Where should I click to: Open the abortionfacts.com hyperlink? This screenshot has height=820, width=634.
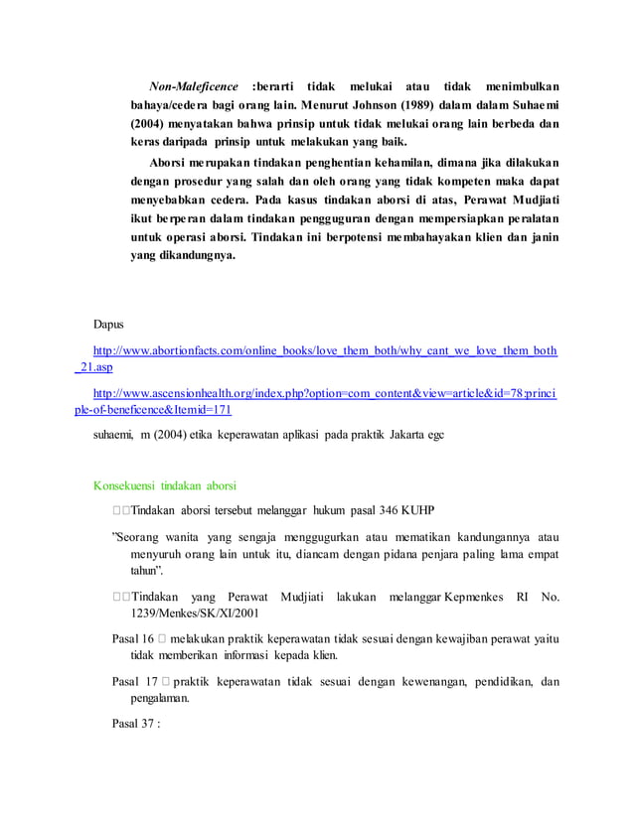pyautogui.click(x=324, y=350)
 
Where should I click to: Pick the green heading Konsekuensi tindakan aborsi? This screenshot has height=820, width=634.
pyautogui.click(x=164, y=485)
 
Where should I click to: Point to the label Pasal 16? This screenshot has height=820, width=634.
pyautogui.click(x=131, y=638)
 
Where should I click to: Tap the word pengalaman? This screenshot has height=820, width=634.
pyautogui.click(x=159, y=698)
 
